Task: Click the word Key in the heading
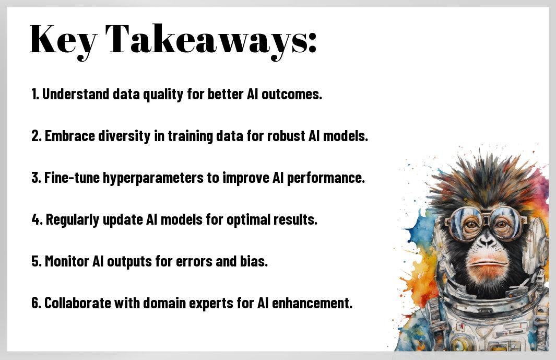coord(63,39)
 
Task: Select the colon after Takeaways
coord(311,43)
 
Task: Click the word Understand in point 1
coord(76,94)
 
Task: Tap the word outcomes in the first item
coord(291,94)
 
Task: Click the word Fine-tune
coord(72,178)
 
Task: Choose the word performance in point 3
coord(326,178)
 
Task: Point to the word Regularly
coord(73,220)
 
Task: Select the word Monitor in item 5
coord(67,261)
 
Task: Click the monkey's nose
coord(487,242)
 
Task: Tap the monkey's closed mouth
coord(487,263)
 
